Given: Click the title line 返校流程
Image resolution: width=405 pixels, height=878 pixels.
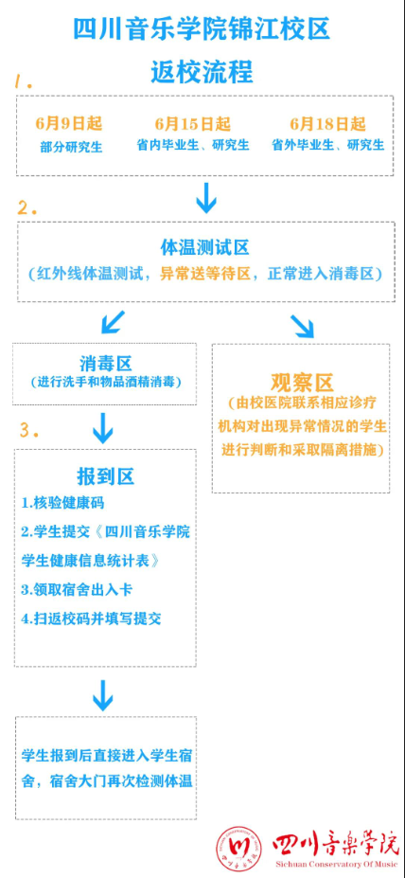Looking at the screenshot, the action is (x=202, y=72).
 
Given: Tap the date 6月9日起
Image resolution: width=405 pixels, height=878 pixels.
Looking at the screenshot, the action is (x=69, y=124).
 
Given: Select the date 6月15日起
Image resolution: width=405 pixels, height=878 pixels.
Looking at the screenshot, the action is (x=193, y=124).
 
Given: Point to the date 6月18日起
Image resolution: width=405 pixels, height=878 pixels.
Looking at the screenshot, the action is (x=327, y=124).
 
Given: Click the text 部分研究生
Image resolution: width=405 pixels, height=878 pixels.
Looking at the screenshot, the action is (x=71, y=147).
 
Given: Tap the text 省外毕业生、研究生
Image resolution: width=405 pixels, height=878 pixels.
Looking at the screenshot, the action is (x=328, y=146).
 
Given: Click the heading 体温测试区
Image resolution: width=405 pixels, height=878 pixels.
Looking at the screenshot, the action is (x=204, y=247).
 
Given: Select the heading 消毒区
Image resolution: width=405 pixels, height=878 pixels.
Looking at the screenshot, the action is (x=106, y=365).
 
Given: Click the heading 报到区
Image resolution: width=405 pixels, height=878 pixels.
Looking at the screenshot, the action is (x=106, y=476).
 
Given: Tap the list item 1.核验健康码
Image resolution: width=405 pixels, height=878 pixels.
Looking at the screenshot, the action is (x=62, y=503).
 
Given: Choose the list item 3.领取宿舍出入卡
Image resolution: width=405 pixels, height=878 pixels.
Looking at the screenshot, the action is (x=78, y=590).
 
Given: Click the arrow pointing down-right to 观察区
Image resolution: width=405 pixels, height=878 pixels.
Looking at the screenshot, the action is (x=302, y=326).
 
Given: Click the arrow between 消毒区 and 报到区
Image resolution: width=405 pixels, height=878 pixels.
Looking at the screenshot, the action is (x=103, y=428).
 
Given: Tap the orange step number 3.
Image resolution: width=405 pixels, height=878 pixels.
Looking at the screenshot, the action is (x=29, y=430).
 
